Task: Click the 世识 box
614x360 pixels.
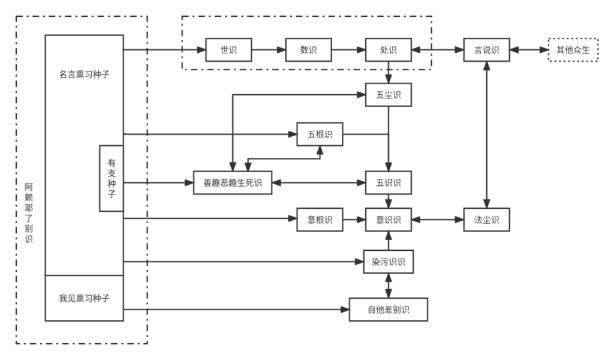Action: coord(228,50)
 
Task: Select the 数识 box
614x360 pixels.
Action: coord(308,50)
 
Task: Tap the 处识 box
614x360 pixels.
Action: coord(389,50)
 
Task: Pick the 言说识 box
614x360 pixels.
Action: coord(486,50)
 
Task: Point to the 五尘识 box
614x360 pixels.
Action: coord(389,95)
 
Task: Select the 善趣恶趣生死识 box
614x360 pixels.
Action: coord(233,182)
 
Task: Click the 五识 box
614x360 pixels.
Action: coord(389,182)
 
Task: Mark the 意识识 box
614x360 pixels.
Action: coord(389,220)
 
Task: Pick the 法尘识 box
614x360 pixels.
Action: coord(486,220)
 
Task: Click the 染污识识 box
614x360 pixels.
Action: coord(389,262)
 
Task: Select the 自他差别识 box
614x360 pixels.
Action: coord(389,310)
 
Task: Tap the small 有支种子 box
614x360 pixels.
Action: coord(112,178)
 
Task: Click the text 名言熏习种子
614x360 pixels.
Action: coord(84,75)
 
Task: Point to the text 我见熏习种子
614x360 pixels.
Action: coord(84,298)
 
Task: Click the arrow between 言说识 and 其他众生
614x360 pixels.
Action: coord(528,50)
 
